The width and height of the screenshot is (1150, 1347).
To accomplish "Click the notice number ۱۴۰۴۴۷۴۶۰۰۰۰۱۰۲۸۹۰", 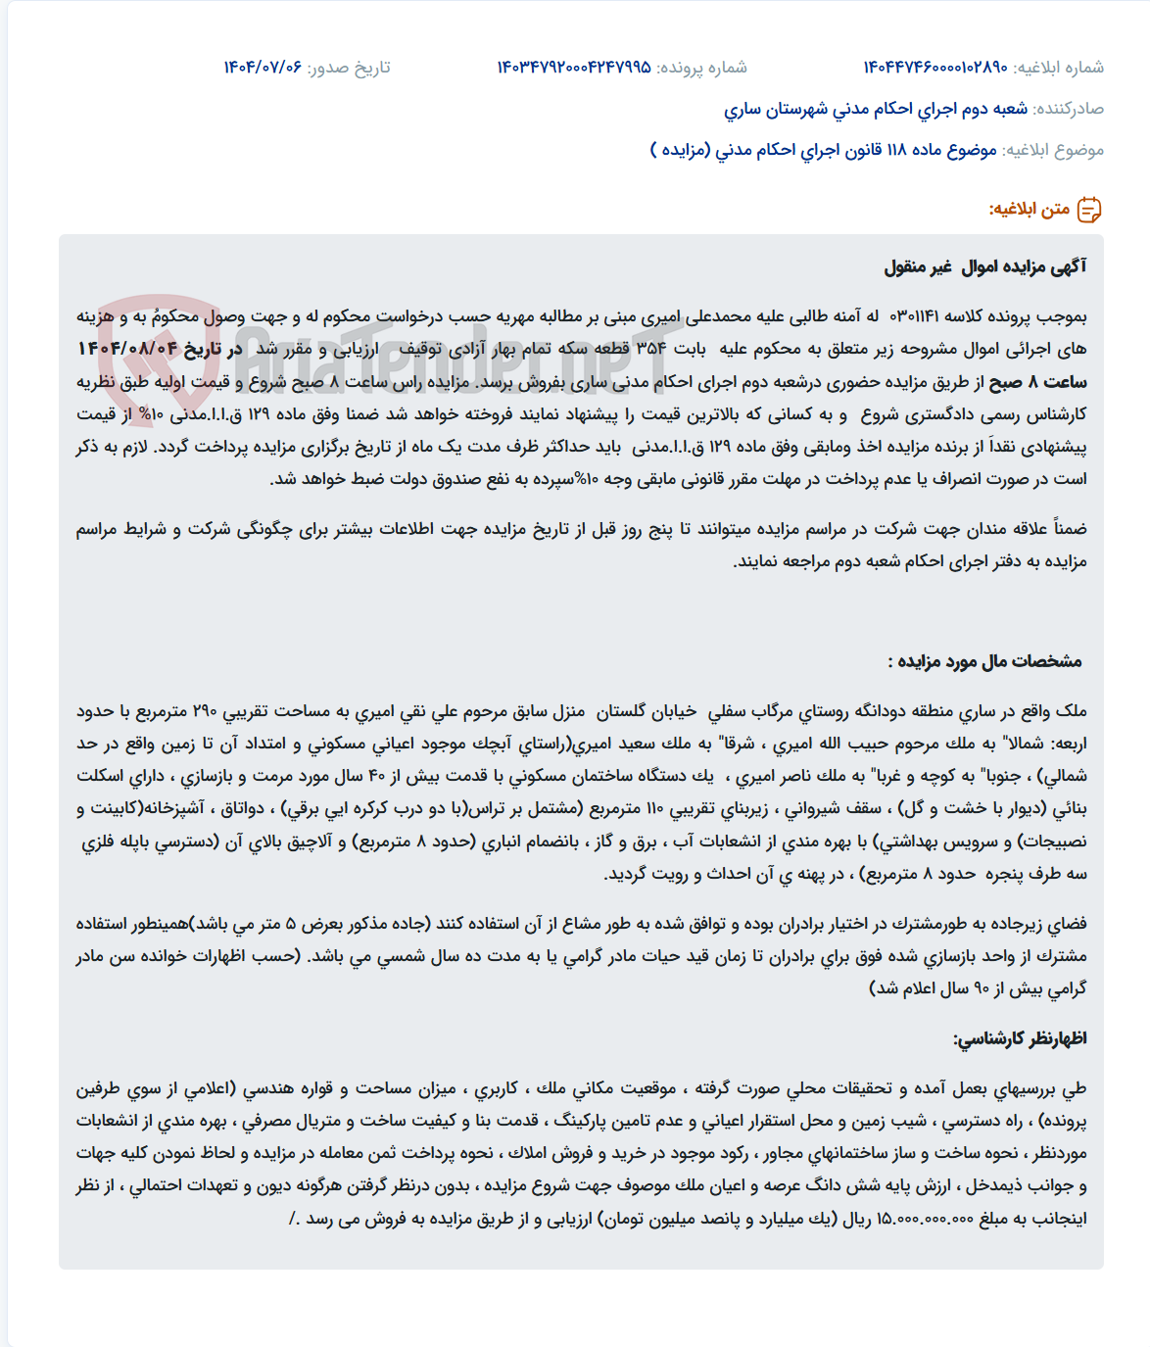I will point(934,68).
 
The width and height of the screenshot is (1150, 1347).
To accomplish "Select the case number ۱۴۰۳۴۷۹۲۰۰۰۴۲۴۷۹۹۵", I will point(574,68).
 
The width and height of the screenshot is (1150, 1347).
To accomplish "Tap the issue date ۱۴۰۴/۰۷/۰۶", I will point(263,68).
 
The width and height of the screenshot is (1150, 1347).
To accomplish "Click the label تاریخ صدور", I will point(349,68).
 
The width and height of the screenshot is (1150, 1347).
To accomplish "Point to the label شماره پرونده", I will point(701,68).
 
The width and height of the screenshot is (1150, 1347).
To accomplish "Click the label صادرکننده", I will point(1069,109).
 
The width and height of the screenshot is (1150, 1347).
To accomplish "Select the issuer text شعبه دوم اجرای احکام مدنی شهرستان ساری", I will point(876,109).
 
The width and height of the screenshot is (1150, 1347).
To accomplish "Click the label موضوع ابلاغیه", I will point(1053,150).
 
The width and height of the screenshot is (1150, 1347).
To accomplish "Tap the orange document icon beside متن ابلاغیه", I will point(1089,210).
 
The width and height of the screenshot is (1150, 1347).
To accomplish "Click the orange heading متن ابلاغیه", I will point(1029,210).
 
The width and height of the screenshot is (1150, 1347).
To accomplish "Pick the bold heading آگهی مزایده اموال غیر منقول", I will point(984,266).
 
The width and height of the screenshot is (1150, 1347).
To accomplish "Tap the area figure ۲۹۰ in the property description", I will point(205,711).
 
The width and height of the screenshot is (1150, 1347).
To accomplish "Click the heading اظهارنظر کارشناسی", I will point(1020,1038).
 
